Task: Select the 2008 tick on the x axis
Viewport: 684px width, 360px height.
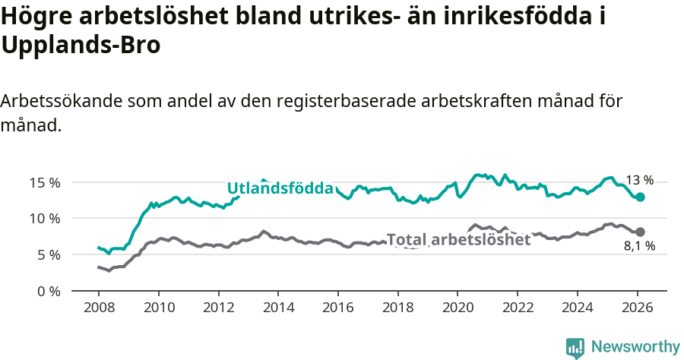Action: click(99, 308)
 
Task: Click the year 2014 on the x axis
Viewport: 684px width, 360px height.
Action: click(278, 308)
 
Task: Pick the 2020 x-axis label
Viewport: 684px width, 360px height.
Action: click(458, 308)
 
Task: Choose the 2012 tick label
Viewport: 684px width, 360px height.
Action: click(218, 308)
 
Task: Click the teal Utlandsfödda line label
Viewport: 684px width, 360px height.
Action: click(280, 188)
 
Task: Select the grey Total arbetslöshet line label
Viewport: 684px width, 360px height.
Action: click(458, 240)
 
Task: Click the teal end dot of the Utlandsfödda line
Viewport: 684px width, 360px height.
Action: click(641, 197)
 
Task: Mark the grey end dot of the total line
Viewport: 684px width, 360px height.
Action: click(641, 232)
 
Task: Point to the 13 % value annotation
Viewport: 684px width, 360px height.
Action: click(639, 181)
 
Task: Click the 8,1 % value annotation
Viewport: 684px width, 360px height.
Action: click(640, 246)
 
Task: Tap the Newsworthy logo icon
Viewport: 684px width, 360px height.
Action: click(575, 347)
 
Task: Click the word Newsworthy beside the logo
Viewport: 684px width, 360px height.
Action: click(635, 347)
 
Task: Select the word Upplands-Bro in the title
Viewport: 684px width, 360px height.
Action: click(81, 45)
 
